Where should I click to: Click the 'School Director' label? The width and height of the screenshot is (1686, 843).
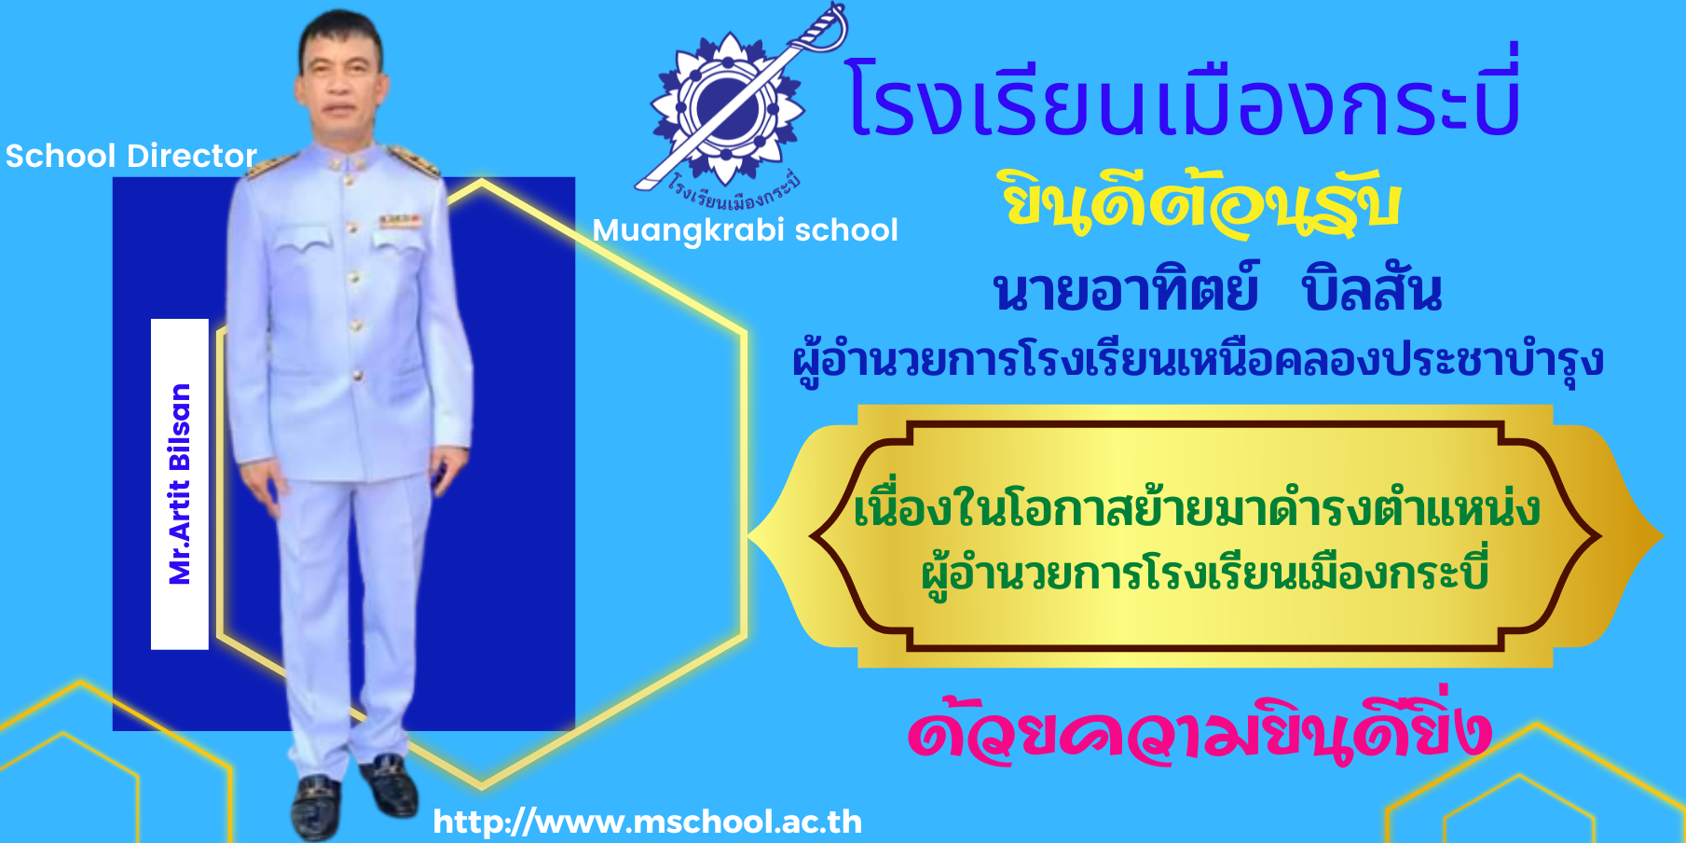tap(131, 156)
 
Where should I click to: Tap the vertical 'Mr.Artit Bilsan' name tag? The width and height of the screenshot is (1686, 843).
tap(179, 484)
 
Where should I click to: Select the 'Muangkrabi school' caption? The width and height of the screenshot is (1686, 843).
tap(746, 230)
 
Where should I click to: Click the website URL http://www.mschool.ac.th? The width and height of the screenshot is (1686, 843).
tap(648, 822)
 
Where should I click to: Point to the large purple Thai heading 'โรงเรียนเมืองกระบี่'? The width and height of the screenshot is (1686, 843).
tap(1184, 97)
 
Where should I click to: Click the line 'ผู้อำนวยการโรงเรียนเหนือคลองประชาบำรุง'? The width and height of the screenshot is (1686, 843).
tap(1198, 359)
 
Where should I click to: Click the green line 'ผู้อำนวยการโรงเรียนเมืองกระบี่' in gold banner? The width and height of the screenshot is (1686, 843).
tap(1204, 572)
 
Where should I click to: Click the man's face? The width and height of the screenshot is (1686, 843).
tap(341, 80)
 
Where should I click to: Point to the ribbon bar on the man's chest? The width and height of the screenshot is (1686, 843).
tap(400, 221)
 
